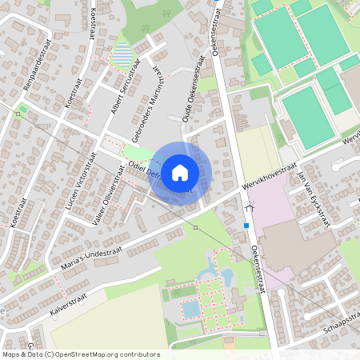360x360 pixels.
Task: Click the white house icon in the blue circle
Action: coord(180,172)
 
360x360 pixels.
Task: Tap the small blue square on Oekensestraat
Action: coord(246,226)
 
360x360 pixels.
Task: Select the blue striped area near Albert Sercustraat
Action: coord(122,56)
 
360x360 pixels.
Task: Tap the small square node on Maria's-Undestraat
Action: coord(196,228)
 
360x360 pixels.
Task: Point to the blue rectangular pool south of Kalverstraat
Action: coord(191,309)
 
